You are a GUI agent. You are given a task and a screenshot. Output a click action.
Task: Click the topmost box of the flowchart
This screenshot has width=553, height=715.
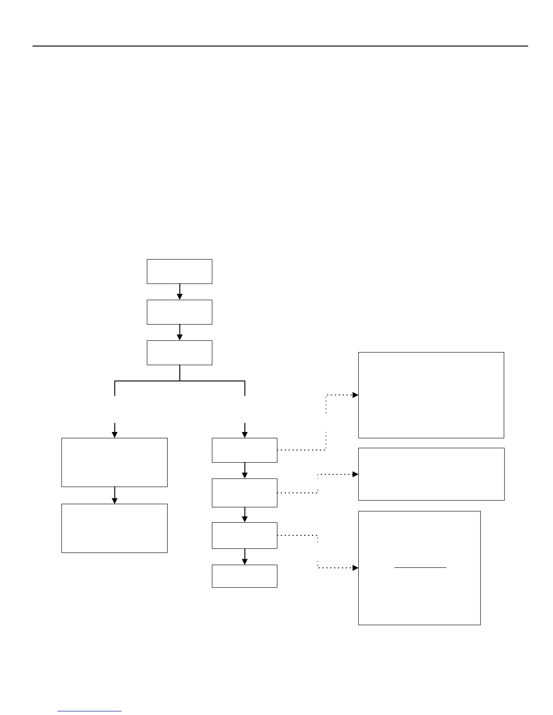179,271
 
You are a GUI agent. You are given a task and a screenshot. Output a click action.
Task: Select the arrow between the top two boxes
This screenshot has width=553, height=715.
180,292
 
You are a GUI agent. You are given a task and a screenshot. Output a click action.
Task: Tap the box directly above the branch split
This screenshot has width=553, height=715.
179,353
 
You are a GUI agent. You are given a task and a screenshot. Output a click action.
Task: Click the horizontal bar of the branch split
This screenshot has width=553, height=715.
180,381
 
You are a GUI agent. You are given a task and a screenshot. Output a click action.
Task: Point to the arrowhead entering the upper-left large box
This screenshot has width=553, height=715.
115,434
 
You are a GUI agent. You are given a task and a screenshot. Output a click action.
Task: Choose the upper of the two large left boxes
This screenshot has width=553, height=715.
114,462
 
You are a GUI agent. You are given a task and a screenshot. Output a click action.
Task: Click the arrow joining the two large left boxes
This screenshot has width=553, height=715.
115,495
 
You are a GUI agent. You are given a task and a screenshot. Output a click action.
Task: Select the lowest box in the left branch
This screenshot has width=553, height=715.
114,528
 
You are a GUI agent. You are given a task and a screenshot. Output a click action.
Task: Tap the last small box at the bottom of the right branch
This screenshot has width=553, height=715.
244,576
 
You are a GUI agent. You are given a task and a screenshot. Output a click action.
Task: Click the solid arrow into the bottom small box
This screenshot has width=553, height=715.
245,557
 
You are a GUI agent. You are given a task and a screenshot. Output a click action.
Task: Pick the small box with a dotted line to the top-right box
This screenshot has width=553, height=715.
244,450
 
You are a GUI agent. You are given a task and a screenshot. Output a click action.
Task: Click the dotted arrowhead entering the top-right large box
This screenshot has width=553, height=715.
355,395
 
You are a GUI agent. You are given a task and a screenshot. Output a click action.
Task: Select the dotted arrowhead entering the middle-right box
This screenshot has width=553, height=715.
355,474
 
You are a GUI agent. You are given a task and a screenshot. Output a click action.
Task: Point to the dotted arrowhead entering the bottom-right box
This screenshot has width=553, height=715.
355,568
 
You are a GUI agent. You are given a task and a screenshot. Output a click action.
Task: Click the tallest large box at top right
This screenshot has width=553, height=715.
431,395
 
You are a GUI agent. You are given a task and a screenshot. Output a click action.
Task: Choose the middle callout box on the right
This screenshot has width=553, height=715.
431,474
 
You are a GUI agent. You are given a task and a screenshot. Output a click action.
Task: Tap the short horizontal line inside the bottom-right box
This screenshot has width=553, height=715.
420,567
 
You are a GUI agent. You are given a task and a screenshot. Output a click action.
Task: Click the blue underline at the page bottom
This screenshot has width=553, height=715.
89,711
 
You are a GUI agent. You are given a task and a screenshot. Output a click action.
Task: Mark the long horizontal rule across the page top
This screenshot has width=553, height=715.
280,46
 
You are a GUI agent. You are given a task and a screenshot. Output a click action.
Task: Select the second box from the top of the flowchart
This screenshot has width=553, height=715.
179,312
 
